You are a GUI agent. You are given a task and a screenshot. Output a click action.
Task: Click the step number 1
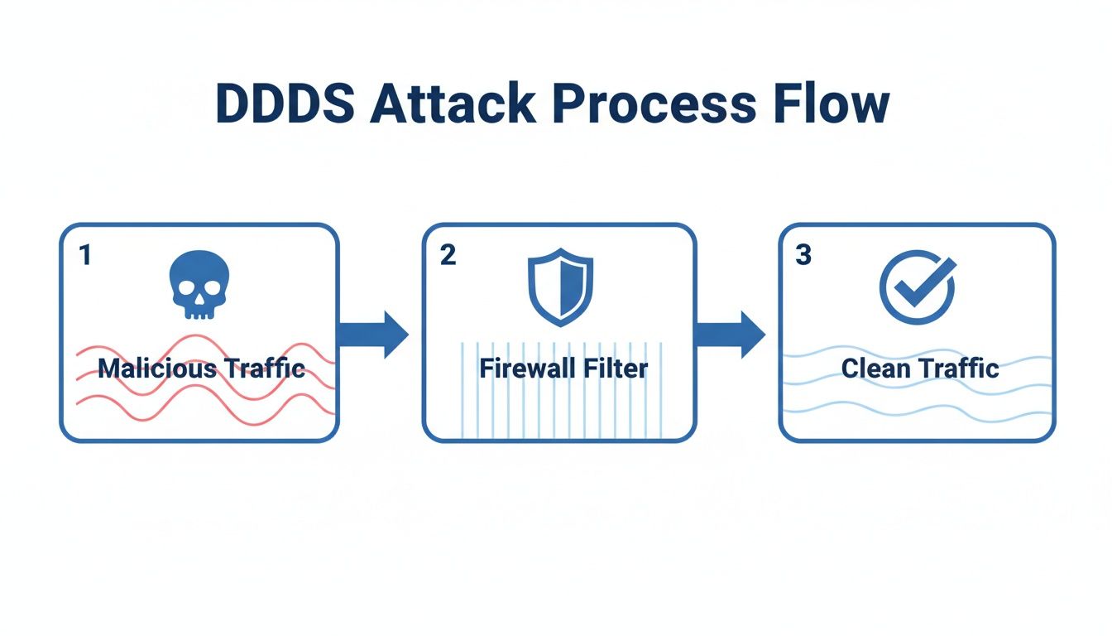pyautogui.click(x=84, y=256)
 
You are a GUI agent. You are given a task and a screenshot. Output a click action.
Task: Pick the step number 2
pyautogui.click(x=448, y=256)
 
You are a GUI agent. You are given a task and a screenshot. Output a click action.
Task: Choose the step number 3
pyautogui.click(x=803, y=256)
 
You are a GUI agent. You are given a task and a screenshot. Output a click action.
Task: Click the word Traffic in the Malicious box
pyautogui.click(x=256, y=368)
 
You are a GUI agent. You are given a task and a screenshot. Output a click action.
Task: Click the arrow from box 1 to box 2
pyautogui.click(x=374, y=335)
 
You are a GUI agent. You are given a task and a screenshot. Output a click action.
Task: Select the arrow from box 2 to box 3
pyautogui.click(x=730, y=335)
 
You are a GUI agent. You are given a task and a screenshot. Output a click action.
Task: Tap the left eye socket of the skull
pyautogui.click(x=185, y=287)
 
